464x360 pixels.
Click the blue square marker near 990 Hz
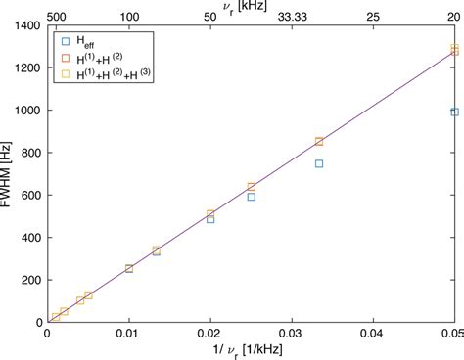[x=454, y=112]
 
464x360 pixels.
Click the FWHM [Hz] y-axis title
[x=9, y=174]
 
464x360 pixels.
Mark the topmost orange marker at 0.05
[x=454, y=48]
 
